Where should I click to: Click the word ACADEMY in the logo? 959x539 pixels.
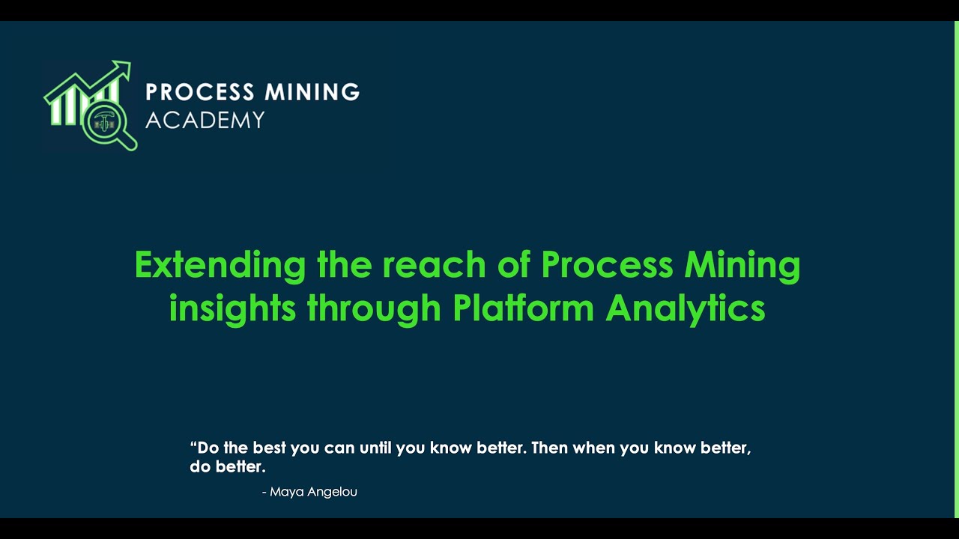coord(205,120)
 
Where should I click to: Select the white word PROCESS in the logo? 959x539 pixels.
coord(200,92)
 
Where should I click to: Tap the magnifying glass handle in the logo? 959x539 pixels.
coord(128,141)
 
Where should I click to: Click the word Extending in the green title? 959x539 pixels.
coord(220,266)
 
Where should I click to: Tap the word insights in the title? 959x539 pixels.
coord(232,308)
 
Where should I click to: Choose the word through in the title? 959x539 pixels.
coord(374,308)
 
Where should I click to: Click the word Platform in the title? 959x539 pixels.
coord(524,308)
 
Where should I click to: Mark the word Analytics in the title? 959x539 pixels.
coord(686,308)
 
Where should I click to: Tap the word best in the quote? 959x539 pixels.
coord(269,448)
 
